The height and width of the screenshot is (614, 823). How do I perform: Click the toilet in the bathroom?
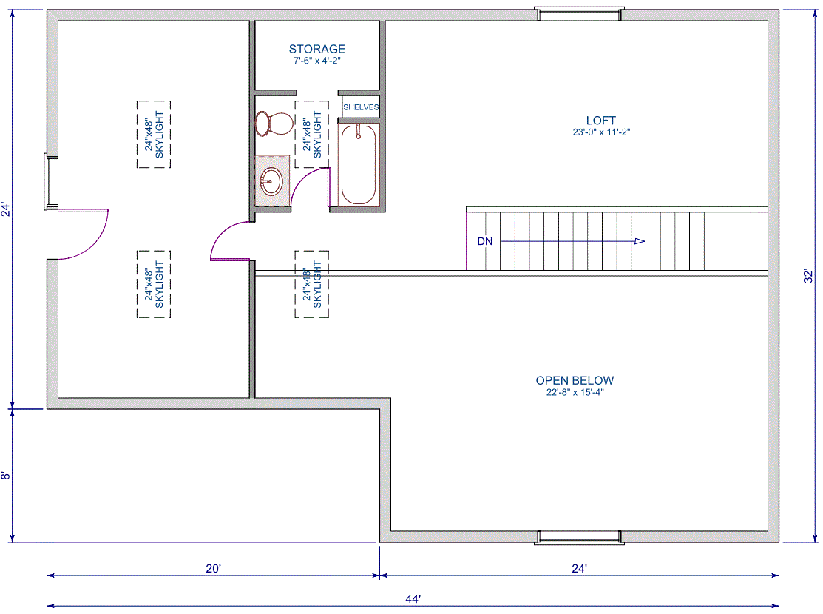[x=274, y=124]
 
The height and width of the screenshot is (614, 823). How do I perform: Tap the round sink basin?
[x=271, y=181]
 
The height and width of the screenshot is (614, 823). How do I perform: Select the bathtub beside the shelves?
[x=359, y=164]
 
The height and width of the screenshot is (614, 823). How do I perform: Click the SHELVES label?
[x=361, y=107]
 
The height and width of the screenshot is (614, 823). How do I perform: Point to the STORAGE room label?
[x=317, y=49]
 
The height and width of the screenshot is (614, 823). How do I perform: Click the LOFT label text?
[x=601, y=121]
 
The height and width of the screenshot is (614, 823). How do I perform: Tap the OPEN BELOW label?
[x=575, y=380]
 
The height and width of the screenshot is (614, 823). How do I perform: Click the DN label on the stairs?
[x=485, y=242]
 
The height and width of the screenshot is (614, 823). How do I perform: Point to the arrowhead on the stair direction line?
[x=640, y=241]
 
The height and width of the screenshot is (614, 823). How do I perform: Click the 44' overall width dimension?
[x=413, y=598]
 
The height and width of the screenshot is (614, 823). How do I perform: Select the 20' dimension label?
[x=213, y=568]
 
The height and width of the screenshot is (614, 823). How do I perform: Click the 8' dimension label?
[x=5, y=476]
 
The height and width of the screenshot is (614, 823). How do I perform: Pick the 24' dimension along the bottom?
[x=579, y=568]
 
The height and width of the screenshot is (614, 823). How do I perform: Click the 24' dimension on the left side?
[x=5, y=209]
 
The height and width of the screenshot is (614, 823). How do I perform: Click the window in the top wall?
[x=580, y=14]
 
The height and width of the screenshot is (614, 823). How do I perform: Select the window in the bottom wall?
[x=580, y=537]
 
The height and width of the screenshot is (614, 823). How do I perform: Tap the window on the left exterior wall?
[x=51, y=181]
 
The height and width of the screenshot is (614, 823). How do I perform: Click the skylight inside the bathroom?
[x=312, y=135]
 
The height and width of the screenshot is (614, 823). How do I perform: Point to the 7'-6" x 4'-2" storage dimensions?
[x=317, y=61]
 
